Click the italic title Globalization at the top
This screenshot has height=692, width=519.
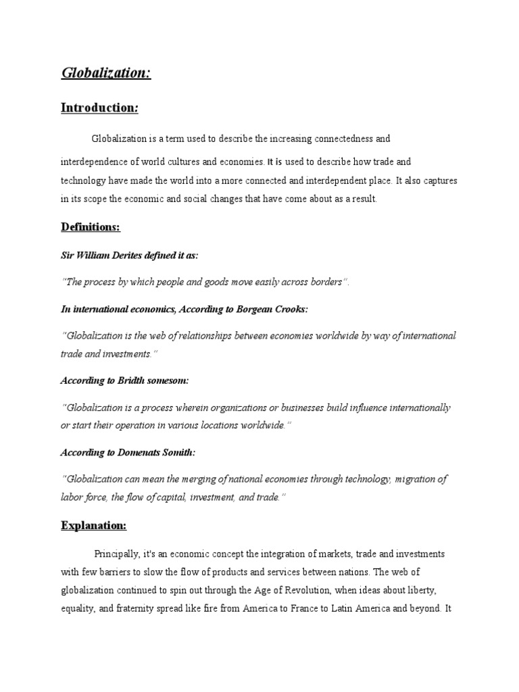[x=105, y=72]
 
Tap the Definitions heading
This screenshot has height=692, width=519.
[x=91, y=227]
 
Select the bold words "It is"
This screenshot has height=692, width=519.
[x=274, y=162]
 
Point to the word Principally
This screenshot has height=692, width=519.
[x=116, y=554]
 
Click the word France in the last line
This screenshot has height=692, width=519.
[x=330, y=608]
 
